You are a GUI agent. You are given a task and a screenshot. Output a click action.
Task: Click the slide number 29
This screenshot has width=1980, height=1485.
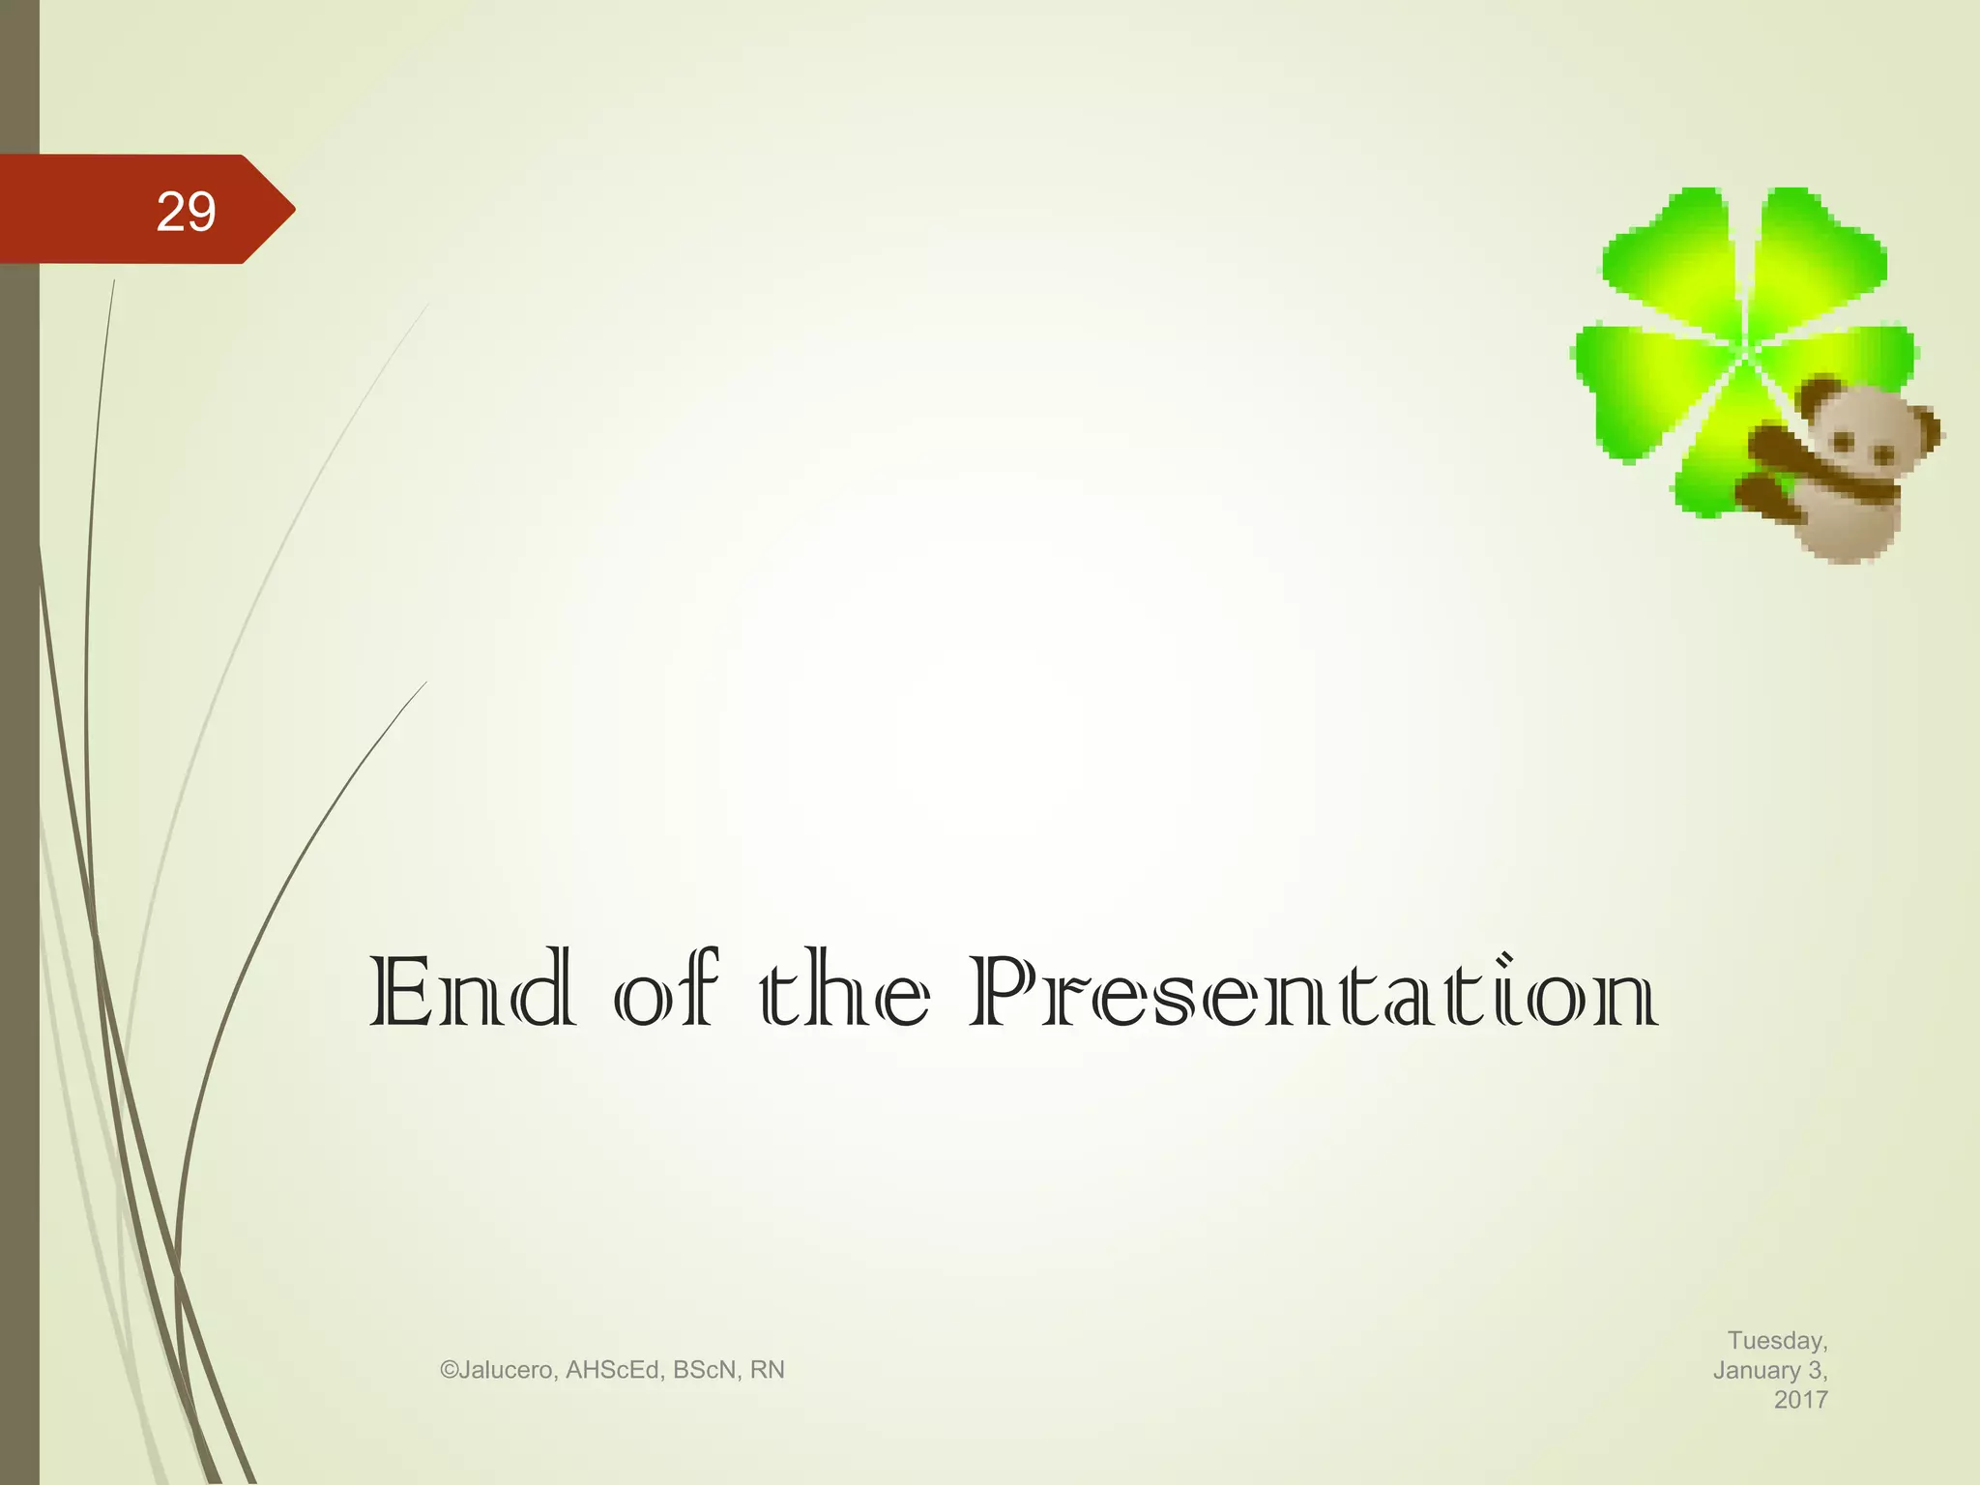(x=186, y=211)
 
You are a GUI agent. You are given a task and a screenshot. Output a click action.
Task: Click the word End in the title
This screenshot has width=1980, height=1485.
(x=472, y=992)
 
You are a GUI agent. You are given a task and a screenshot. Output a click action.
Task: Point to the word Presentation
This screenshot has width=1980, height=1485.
(x=1313, y=992)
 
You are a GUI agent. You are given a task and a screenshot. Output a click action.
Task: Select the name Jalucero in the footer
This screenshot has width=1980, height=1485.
(x=507, y=1370)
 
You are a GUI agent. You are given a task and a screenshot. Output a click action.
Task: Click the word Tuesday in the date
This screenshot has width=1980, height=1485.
(x=1777, y=1340)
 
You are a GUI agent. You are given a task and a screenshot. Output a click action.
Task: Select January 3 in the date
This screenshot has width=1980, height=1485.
(x=1769, y=1370)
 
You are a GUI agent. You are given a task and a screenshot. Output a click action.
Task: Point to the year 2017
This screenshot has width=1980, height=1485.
(x=1800, y=1399)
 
